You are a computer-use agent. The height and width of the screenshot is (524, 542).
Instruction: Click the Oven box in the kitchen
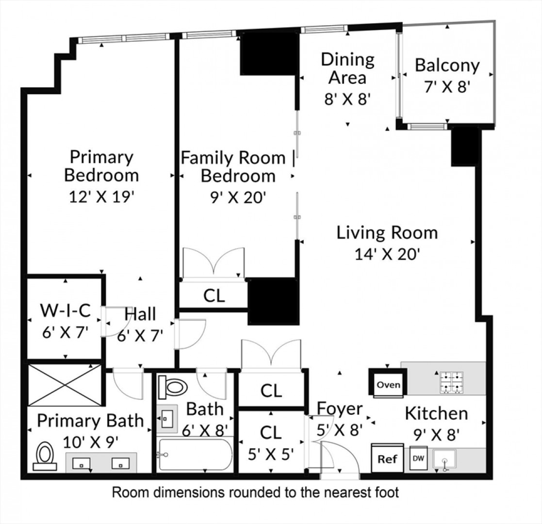click(x=388, y=384)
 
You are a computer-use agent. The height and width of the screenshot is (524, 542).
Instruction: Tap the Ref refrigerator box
click(x=387, y=458)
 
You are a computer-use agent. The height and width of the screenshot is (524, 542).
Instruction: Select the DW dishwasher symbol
click(x=418, y=458)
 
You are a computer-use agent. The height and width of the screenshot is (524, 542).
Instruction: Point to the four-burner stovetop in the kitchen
click(x=451, y=382)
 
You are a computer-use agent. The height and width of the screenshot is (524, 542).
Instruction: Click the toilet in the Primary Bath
click(x=45, y=456)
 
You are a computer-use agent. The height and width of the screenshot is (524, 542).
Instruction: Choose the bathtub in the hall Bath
click(x=194, y=455)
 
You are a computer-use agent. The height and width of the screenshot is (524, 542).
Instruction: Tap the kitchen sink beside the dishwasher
click(x=445, y=459)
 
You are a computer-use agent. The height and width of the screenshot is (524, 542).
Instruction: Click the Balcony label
click(x=447, y=65)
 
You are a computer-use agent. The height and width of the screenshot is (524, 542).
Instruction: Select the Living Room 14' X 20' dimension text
click(x=387, y=254)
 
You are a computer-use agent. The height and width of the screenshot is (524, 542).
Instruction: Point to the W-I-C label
click(x=66, y=310)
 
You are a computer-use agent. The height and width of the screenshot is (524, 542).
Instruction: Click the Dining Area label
click(x=348, y=68)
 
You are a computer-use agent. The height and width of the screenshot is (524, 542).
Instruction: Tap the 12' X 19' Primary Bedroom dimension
click(x=101, y=197)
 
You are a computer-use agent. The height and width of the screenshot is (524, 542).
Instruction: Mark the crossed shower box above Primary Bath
click(x=65, y=385)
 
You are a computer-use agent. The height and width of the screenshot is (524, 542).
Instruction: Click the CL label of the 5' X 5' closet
click(x=271, y=432)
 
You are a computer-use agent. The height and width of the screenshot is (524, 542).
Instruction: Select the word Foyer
click(x=340, y=409)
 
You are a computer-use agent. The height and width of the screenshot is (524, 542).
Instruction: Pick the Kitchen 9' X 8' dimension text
click(x=437, y=434)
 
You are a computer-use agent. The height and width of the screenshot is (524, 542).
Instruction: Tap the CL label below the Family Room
click(x=214, y=295)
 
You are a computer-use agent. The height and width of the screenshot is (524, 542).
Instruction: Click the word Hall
click(x=140, y=314)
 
